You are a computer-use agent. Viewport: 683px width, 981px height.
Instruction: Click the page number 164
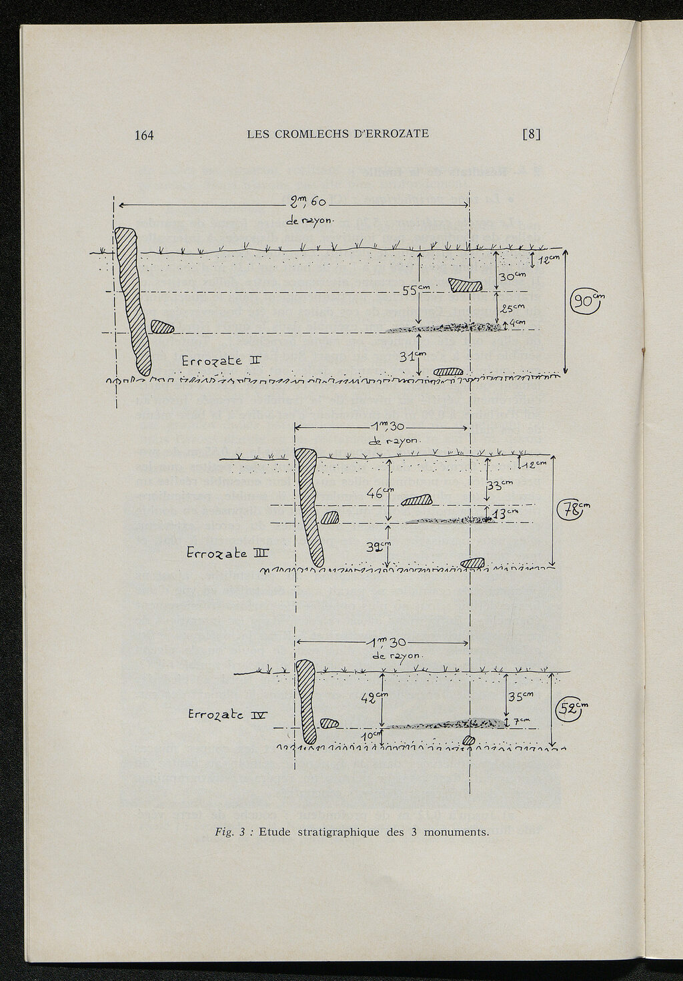tap(144, 135)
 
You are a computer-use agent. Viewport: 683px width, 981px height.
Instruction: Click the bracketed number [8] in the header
tap(531, 134)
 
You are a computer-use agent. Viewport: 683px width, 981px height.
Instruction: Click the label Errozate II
tap(221, 361)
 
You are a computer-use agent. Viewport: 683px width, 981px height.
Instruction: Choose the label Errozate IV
tap(227, 715)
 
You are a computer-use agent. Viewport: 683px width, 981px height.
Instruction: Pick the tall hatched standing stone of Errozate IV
tap(306, 701)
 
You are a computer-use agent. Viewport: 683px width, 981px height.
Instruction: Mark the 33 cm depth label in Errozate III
tap(500, 486)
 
